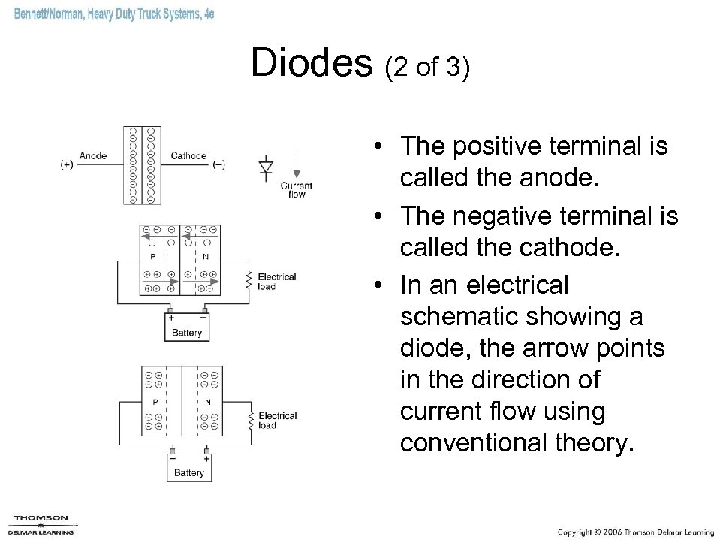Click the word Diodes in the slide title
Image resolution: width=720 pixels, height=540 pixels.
pos(312,65)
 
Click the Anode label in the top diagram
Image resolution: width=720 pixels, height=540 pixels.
pos(92,156)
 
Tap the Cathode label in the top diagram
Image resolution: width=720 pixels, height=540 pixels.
pos(188,156)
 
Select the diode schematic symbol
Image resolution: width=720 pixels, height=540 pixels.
pos(266,168)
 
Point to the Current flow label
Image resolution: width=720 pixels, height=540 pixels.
pos(297,189)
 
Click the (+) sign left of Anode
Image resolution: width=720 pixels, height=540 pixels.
pos(67,164)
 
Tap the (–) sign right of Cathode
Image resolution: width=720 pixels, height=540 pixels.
pos(218,164)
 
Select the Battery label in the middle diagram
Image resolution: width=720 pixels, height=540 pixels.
pos(187,333)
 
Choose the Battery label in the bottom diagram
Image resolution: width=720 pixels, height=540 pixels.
pos(188,472)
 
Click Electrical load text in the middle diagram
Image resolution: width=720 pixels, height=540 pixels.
pos(277,282)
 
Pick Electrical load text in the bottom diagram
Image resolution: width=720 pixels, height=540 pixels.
pos(277,421)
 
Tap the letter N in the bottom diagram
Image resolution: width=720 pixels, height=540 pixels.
pos(208,401)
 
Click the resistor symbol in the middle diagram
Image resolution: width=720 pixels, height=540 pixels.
pos(249,281)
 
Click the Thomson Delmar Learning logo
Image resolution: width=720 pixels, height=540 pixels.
pos(43,523)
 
